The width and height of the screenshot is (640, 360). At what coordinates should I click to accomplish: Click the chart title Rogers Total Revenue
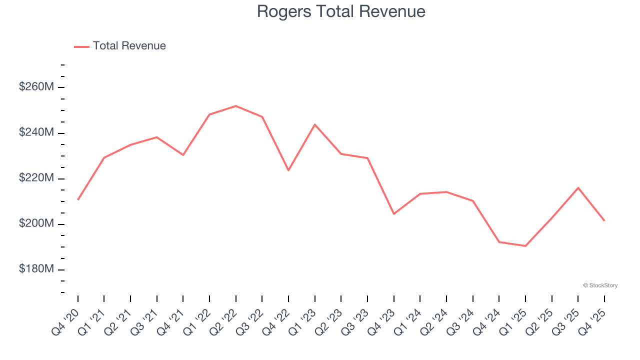(x=341, y=11)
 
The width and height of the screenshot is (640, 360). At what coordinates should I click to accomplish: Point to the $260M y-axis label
(x=36, y=87)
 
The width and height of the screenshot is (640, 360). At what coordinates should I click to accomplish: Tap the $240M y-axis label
(x=36, y=132)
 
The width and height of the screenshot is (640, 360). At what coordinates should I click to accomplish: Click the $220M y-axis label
(x=36, y=178)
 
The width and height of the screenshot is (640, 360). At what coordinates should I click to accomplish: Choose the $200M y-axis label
(x=36, y=223)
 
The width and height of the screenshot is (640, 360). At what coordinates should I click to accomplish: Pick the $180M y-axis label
(x=36, y=269)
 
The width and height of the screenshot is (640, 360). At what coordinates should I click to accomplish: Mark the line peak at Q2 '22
(x=235, y=106)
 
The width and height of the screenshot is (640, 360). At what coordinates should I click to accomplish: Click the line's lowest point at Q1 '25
(x=525, y=246)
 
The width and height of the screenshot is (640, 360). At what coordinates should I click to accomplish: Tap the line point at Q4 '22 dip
(x=288, y=170)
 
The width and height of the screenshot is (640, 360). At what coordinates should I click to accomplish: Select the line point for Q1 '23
(x=314, y=124)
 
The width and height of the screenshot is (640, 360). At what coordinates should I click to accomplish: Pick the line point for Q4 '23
(x=393, y=214)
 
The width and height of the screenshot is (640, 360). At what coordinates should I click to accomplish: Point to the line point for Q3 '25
(x=578, y=187)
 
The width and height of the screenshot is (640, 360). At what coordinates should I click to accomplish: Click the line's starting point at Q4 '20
(x=78, y=200)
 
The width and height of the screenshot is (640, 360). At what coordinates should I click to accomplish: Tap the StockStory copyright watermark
(x=600, y=285)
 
